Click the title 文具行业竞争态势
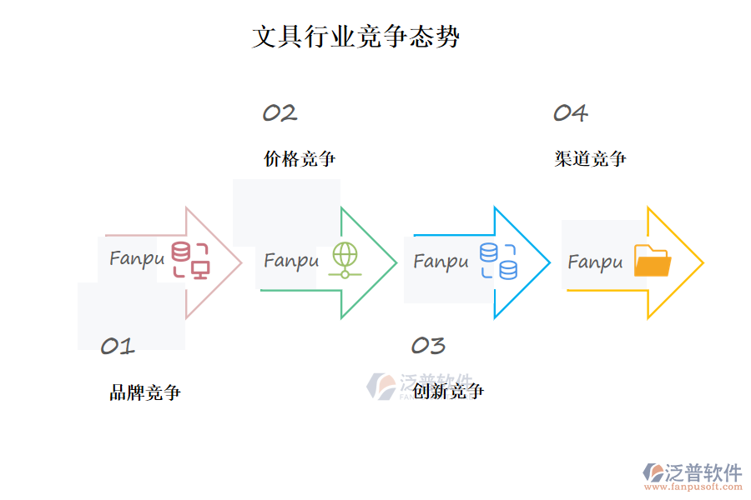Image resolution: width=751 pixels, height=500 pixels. (x=355, y=37)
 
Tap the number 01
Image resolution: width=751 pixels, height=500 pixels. (x=117, y=346)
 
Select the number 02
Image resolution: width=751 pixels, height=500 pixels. (x=280, y=113)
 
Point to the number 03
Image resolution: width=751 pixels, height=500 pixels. (x=428, y=345)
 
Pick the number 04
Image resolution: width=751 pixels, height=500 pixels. (x=571, y=113)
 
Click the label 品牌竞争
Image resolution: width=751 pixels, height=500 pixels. (x=144, y=392)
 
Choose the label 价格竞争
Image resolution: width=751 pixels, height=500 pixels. (x=300, y=158)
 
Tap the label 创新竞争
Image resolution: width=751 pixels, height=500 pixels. (x=448, y=391)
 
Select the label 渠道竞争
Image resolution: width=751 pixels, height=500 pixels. (x=591, y=158)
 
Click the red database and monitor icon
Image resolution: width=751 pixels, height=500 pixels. (x=190, y=260)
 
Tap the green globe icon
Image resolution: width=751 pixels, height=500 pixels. (x=344, y=259)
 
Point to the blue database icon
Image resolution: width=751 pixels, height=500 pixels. (x=498, y=261)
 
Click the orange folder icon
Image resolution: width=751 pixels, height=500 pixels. (x=652, y=261)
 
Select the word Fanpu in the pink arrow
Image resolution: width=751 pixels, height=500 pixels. (x=137, y=258)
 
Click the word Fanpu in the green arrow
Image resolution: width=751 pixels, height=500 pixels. (x=291, y=261)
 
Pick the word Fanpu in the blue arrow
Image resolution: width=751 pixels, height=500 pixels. (x=441, y=262)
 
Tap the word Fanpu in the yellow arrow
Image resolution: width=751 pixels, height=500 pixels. (x=595, y=262)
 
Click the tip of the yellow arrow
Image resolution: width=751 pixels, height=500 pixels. (x=702, y=263)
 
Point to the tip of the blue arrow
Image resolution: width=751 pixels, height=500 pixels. (x=548, y=263)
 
